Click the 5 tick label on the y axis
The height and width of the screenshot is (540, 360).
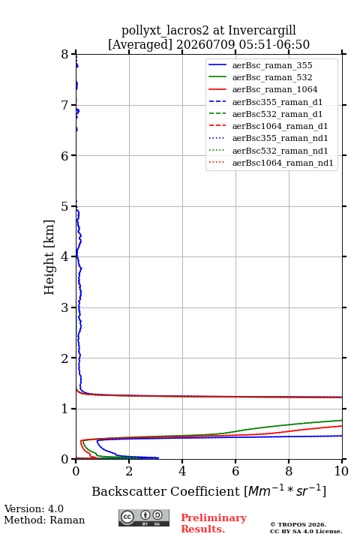coord(64,207)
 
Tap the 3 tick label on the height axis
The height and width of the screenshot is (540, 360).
coord(64,307)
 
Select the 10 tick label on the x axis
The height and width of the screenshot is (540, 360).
coord(341,471)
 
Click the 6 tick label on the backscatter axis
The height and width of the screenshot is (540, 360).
coord(235,471)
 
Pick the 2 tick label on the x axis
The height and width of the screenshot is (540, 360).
coord(129,471)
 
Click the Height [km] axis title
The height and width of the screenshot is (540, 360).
coord(49,257)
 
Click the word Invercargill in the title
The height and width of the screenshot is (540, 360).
coord(262,31)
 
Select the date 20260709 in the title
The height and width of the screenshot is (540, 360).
coord(205,45)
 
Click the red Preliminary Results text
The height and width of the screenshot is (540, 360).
coord(214,523)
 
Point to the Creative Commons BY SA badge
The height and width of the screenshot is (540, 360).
coord(144,517)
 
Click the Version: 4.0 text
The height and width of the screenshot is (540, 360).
coord(34,508)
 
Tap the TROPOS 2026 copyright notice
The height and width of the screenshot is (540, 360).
coord(298,524)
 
